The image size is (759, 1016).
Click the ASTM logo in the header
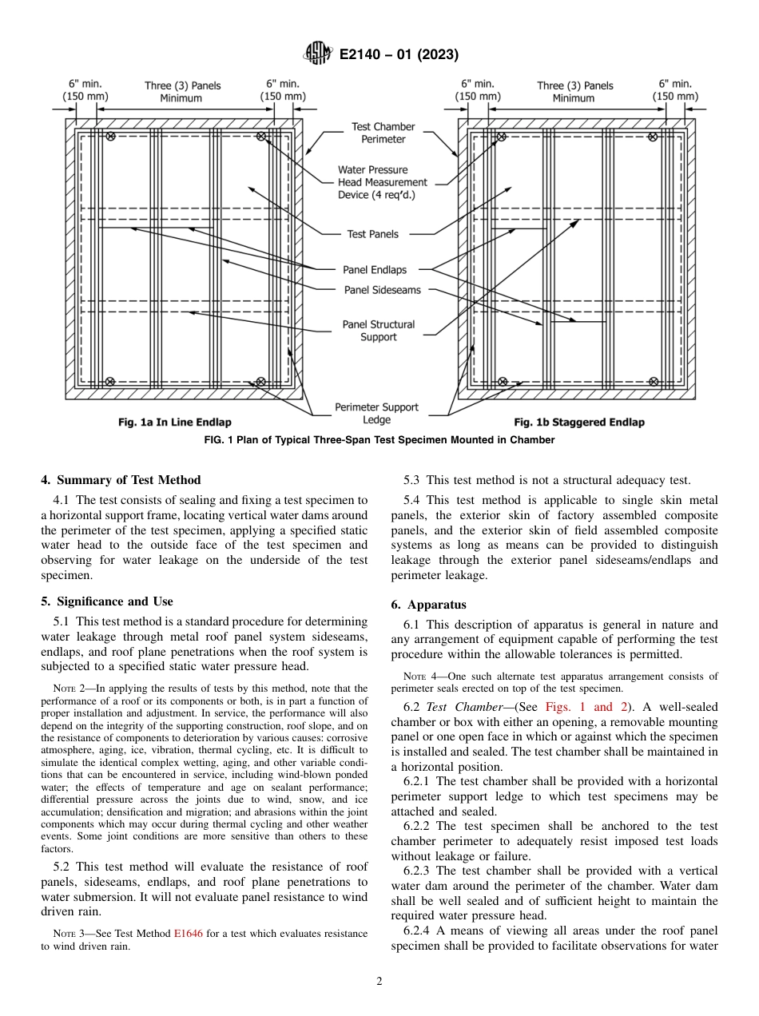click(318, 54)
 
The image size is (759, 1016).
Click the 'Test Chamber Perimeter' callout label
click(383, 133)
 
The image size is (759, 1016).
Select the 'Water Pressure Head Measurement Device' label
click(382, 182)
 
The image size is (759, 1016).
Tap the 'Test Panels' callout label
click(372, 234)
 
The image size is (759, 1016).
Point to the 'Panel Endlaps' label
click(375, 270)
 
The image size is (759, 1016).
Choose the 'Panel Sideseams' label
click(382, 290)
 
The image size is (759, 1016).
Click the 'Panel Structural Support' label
click(379, 331)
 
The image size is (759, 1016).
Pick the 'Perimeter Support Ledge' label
click(376, 414)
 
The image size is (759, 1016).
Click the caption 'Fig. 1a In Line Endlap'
click(174, 423)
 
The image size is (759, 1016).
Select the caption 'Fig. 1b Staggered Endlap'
click(578, 423)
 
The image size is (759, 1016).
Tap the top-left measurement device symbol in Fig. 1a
click(111, 137)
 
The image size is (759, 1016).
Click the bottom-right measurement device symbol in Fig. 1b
click(654, 382)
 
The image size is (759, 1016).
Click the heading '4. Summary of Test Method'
click(121, 480)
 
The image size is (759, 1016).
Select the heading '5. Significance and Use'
click(107, 601)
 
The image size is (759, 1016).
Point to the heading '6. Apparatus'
click(428, 605)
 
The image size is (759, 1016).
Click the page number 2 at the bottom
click(379, 982)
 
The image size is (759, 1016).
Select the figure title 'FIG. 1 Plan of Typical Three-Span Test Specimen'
click(379, 440)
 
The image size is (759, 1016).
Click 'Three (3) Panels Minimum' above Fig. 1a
click(182, 92)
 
